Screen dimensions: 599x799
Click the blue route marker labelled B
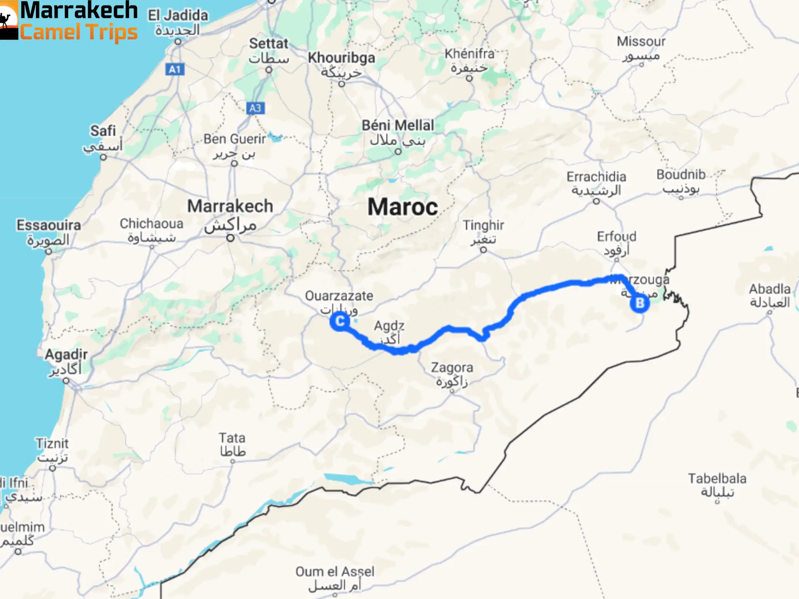(640, 303)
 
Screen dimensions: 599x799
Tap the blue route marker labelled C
(340, 321)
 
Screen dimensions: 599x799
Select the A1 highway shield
(175, 69)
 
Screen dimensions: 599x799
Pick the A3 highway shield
(255, 108)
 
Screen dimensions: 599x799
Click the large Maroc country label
(402, 207)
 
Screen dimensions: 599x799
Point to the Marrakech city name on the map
(230, 206)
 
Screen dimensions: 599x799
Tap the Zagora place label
(452, 368)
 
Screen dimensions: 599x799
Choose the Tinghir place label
(483, 225)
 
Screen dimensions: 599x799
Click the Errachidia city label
(596, 177)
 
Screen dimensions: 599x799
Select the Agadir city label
(66, 354)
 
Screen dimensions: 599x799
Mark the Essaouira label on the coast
(49, 225)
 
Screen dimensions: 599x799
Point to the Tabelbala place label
(717, 478)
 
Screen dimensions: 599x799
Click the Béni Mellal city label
(397, 125)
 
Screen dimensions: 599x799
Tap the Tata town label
(232, 438)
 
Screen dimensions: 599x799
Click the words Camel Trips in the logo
(79, 32)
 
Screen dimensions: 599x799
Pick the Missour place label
(641, 42)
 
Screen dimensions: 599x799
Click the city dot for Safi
(103, 157)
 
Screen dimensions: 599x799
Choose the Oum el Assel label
(335, 572)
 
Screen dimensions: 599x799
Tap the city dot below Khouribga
(342, 84)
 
